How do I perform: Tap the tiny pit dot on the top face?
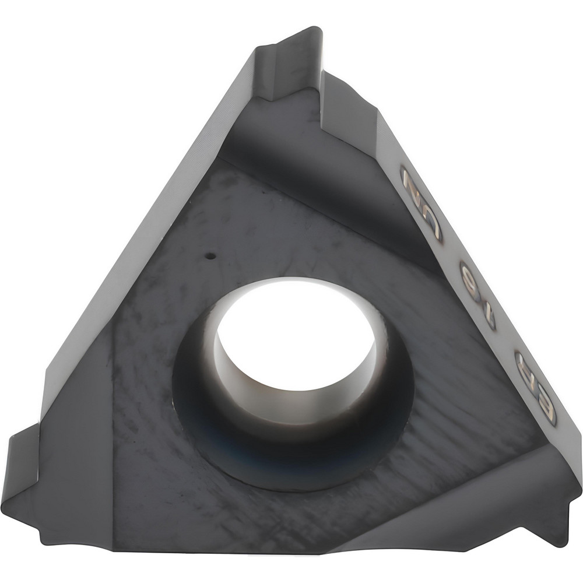pos(213,255)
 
